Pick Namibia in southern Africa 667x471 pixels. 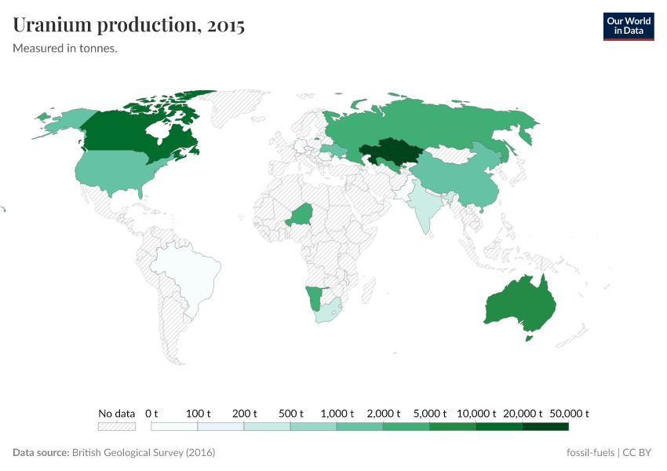tap(313, 297)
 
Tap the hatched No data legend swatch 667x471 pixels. tap(117, 426)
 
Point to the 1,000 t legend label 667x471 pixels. tap(337, 413)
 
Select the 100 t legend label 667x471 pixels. tap(199, 413)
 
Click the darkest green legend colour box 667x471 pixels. tap(545, 426)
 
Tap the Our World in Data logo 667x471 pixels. tap(628, 26)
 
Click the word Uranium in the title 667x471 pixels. tap(53, 25)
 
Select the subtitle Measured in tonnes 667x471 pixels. tap(65, 48)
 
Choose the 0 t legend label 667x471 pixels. tap(151, 413)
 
